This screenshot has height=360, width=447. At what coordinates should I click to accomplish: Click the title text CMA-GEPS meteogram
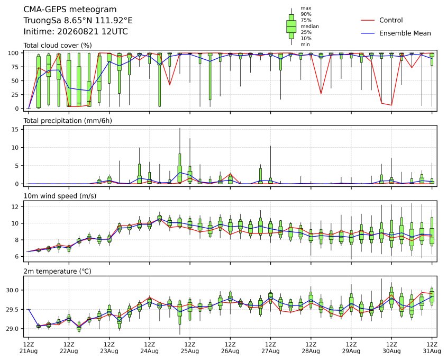pos(70,10)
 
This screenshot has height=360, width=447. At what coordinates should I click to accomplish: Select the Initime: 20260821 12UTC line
pos(76,31)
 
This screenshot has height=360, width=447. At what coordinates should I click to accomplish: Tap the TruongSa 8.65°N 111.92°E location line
pos(78,21)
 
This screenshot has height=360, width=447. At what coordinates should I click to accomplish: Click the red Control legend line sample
pos(368,20)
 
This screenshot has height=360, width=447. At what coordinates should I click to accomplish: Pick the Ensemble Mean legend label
pos(405,33)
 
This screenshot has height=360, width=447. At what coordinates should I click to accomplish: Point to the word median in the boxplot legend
pos(309,26)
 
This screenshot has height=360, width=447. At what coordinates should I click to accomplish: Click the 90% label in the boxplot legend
pos(306,14)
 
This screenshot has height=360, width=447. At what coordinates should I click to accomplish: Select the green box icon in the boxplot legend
pos(291,26)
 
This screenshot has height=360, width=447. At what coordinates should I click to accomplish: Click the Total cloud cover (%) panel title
pos(58,46)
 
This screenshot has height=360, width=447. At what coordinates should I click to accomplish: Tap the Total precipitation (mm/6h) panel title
pos(68,121)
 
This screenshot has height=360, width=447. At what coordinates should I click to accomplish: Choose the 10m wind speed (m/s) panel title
pos(60,196)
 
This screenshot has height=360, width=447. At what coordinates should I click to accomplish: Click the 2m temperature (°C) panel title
pos(57,271)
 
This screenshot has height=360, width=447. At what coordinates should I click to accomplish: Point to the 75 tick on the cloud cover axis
pos(15,67)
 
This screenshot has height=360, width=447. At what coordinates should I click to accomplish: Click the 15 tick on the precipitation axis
pos(15,130)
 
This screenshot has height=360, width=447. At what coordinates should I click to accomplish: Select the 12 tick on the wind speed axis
pos(15,206)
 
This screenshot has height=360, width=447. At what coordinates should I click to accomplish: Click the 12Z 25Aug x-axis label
pos(189,348)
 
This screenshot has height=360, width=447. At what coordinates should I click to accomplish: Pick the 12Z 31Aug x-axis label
pos(432,348)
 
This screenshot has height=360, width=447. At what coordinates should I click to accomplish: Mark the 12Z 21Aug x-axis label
pos(28,348)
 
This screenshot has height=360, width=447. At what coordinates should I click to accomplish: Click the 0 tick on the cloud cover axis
pos(17,109)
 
